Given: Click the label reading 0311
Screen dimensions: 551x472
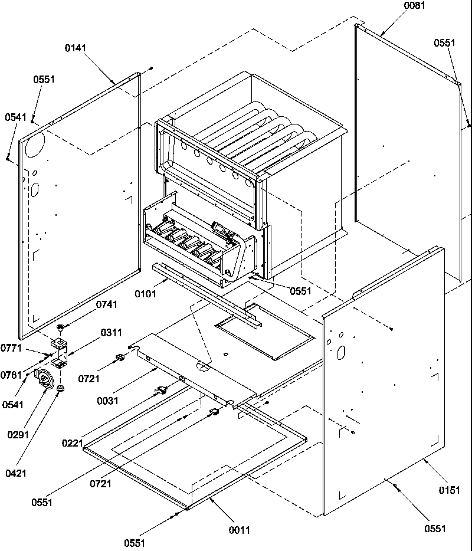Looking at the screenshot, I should [x=110, y=333].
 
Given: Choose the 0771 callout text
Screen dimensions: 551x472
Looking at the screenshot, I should [x=11, y=348].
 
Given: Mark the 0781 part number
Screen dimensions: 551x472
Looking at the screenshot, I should [x=11, y=375].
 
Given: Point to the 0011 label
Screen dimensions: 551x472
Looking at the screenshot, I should [x=240, y=530].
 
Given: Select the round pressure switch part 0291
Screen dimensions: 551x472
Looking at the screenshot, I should [x=44, y=378].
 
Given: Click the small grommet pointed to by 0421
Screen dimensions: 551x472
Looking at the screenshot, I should [x=60, y=389].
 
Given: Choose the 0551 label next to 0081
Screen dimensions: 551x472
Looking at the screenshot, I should [x=444, y=43].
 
